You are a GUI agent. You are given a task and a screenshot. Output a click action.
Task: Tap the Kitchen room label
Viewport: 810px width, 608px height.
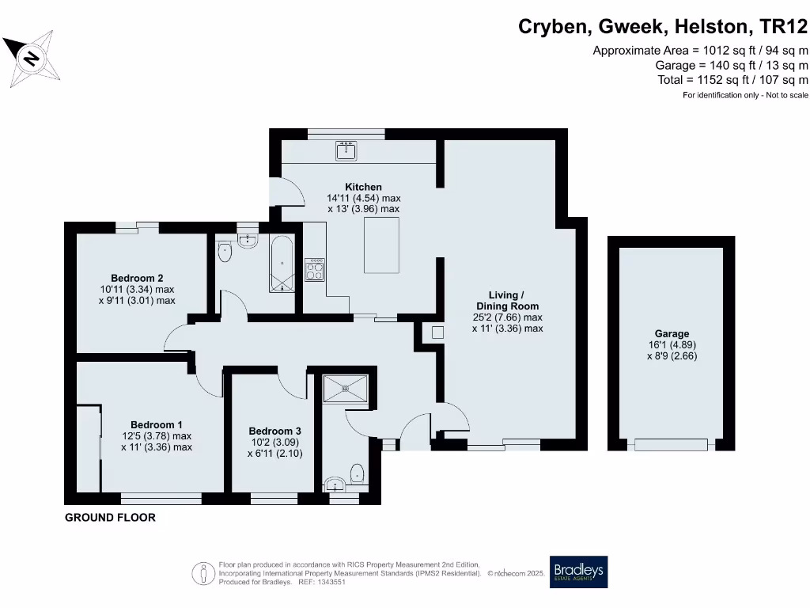click(x=363, y=187)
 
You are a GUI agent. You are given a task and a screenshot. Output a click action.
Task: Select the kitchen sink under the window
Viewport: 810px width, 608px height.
click(x=346, y=150)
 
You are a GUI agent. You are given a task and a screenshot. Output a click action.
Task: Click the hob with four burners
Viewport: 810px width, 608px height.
click(x=314, y=269)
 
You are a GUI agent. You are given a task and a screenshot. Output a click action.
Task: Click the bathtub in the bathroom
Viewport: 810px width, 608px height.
click(x=282, y=263)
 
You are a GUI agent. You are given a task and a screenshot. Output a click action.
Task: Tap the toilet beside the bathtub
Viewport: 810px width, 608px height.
click(x=225, y=253)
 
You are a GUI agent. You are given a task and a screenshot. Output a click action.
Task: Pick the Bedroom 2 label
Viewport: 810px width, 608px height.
click(x=137, y=278)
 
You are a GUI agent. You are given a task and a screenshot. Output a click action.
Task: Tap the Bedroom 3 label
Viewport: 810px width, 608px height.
click(x=274, y=431)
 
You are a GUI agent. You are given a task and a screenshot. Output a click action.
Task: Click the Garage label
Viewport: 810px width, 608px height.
click(x=672, y=334)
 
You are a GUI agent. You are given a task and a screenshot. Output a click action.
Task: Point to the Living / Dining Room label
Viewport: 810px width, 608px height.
click(x=507, y=301)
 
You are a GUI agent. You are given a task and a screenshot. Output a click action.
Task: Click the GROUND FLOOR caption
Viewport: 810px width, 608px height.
click(x=110, y=518)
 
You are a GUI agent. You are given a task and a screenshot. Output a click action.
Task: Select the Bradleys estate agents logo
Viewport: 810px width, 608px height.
click(x=579, y=572)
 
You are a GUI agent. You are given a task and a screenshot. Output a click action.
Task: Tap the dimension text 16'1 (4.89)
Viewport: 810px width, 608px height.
click(x=672, y=345)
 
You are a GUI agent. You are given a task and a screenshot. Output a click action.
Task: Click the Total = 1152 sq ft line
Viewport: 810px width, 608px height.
click(x=732, y=80)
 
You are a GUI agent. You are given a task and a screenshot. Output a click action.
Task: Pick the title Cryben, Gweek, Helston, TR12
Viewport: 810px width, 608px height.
click(x=663, y=27)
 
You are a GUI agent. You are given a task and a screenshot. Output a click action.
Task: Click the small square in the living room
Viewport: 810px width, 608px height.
click(x=437, y=333)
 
